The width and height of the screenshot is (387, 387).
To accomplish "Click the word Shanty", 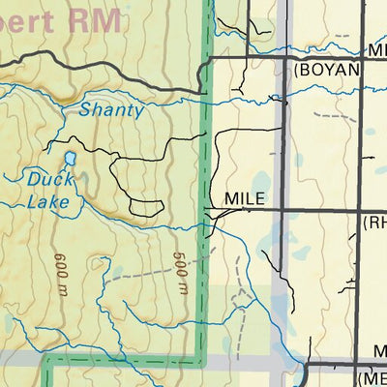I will point(111,110).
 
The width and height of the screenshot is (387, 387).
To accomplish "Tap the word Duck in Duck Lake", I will point(49,179).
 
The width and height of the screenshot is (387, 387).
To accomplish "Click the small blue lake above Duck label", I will point(70,157).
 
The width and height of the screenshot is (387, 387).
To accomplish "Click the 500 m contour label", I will point(180,272).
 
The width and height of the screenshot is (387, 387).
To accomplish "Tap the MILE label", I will point(244,198).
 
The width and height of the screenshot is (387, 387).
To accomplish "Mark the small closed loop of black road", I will point(145,206).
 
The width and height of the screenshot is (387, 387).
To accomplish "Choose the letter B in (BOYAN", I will point(306,71).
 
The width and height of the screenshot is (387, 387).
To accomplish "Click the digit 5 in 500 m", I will point(180,258).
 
